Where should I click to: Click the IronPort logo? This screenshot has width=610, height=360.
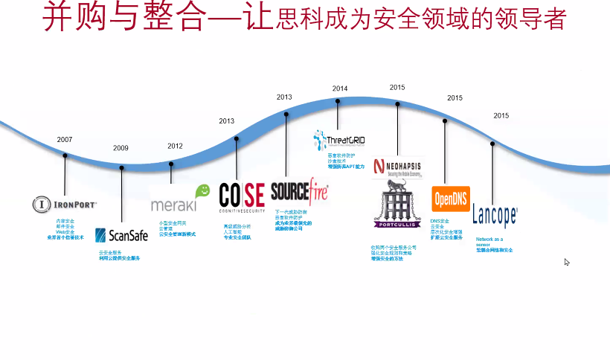point(65,204)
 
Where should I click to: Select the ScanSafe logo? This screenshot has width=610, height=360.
point(122,235)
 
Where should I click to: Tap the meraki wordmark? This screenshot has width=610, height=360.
point(173,205)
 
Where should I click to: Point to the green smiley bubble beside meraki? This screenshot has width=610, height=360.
point(202,191)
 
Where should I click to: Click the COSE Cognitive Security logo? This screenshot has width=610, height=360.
point(242,198)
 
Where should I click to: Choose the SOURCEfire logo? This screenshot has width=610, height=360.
point(299,191)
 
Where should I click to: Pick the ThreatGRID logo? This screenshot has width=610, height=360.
point(339,139)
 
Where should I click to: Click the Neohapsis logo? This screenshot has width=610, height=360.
point(397,167)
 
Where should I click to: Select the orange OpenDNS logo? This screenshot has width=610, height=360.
point(451,199)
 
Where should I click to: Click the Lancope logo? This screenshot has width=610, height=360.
point(495,216)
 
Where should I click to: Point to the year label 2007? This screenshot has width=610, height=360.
point(65,140)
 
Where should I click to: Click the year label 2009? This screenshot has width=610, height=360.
point(121,148)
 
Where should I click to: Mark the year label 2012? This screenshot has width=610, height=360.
point(175,146)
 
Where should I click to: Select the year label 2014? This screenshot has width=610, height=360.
point(340,89)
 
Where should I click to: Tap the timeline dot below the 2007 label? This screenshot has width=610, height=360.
point(65,156)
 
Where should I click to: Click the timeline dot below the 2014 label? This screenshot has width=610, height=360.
point(338,103)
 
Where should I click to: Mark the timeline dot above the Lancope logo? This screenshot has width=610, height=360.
point(492,144)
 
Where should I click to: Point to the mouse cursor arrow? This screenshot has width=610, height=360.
point(567,262)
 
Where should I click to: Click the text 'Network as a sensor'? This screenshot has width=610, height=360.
point(489,242)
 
